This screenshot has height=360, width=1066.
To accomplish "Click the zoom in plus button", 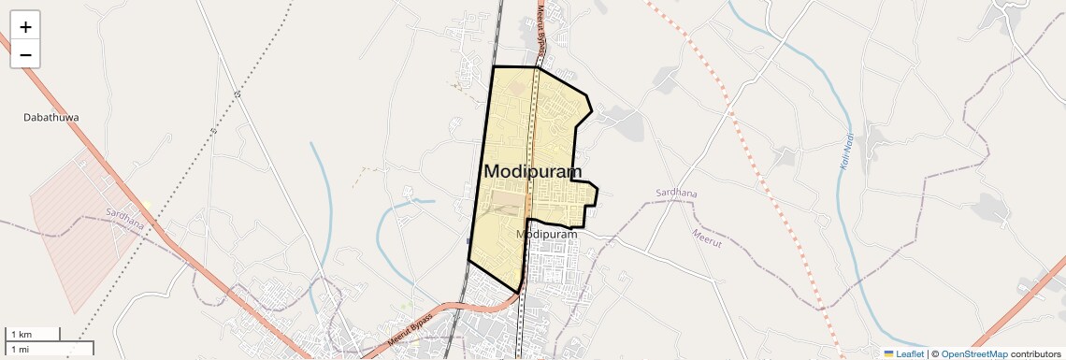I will pos(25,27).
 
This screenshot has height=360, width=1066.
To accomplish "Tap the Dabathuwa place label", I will pos(51,118).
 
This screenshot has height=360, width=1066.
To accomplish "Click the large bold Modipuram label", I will pos(532,171).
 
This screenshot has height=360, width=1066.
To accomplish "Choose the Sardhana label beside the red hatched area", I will pos(125,218).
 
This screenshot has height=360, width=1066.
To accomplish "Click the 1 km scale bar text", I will pos(21,334).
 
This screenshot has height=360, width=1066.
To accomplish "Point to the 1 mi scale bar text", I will pos(21,349).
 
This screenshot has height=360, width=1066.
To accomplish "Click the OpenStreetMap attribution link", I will pos(973,353).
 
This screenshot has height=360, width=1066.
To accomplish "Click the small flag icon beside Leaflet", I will pos(889,353).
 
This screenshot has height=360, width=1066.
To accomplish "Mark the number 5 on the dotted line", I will pos(238,94).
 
